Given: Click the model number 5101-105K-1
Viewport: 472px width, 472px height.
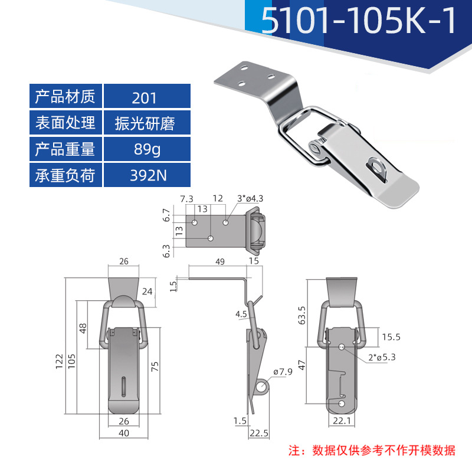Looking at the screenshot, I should point(359,22).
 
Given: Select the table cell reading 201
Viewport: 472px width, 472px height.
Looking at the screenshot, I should point(144,96).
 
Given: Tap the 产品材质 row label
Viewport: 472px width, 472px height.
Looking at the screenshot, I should point(65,96).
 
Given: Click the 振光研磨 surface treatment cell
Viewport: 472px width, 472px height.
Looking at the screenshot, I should point(144,123).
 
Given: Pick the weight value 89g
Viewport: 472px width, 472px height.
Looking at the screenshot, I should point(144,149).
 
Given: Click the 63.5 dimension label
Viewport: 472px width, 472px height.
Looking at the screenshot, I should point(302,316).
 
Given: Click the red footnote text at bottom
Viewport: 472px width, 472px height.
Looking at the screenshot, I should point(372,450).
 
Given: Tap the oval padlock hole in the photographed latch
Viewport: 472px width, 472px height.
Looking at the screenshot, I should point(375,167).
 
